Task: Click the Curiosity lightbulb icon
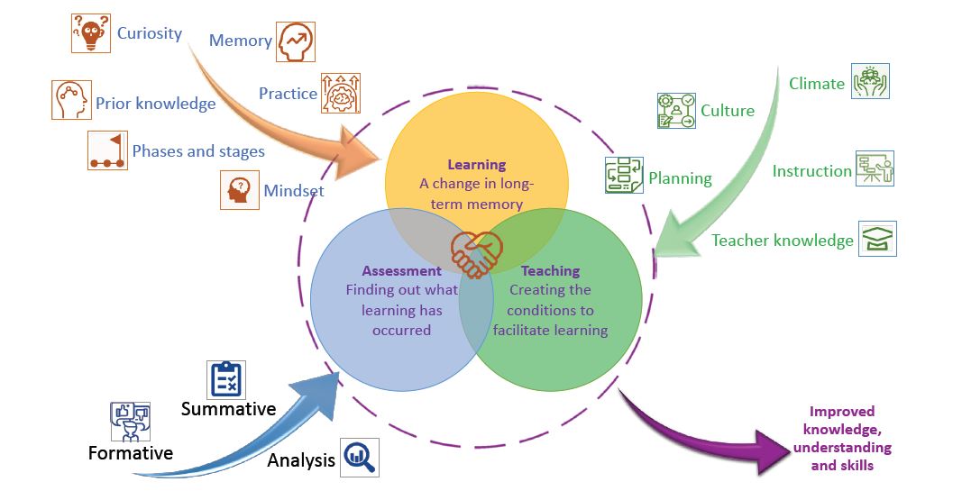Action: coord(91,33)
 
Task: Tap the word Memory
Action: coord(240,41)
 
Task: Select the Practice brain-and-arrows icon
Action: coord(340,94)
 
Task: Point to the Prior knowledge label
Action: coord(156,104)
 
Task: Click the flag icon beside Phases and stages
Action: coord(107,150)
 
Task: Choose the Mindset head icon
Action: coord(239,190)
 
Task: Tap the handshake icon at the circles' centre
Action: coord(476,254)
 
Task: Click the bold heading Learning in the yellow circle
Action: coord(477,165)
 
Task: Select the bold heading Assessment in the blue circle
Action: coord(402,271)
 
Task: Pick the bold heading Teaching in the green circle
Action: coord(551,271)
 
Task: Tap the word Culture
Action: coord(728,111)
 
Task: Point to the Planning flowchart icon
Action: coord(624,176)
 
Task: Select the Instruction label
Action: coord(811,171)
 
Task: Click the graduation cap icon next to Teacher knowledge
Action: coord(877,239)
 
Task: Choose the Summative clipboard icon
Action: coord(226,380)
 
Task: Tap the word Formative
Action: coord(131,453)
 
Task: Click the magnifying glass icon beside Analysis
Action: coord(360,458)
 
